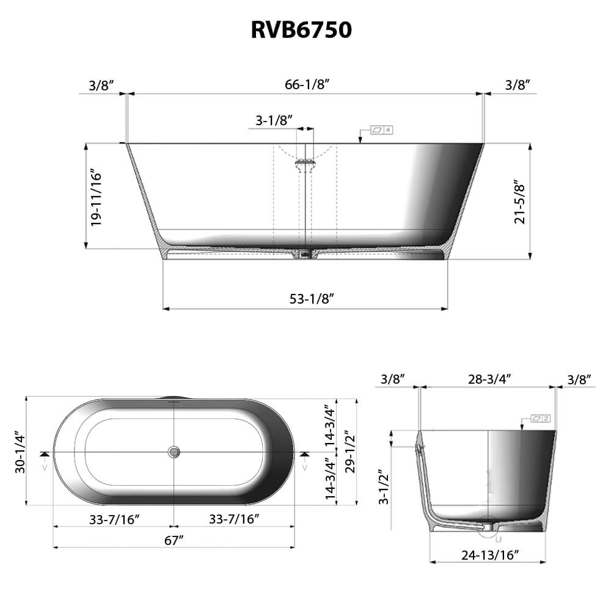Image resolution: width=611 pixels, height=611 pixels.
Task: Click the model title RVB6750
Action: click(x=301, y=29)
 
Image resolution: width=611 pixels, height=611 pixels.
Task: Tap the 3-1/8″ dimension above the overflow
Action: click(x=274, y=120)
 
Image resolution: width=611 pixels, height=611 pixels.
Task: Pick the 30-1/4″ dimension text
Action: click(x=20, y=451)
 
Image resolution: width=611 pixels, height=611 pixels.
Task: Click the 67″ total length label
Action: click(x=174, y=540)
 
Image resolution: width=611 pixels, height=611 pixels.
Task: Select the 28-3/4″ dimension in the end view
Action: click(x=489, y=379)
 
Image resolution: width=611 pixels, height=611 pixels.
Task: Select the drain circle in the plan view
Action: click(x=174, y=452)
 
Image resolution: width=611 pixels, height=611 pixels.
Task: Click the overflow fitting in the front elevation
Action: click(x=305, y=163)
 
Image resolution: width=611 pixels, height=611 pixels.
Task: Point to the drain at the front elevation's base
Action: click(x=304, y=253)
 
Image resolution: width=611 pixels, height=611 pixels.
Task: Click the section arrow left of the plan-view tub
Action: click(x=43, y=455)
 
